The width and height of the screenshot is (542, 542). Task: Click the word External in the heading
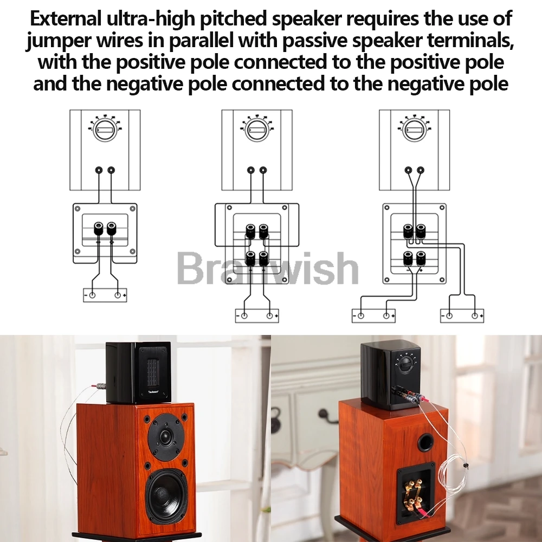tap(66, 18)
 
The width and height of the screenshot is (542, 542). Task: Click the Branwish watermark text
tap(268, 268)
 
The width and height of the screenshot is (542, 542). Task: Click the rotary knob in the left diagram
tap(105, 130)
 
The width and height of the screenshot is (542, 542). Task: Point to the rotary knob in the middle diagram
tap(257, 130)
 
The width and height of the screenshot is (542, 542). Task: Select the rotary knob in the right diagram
tap(415, 130)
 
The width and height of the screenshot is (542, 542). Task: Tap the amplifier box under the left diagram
tap(105, 295)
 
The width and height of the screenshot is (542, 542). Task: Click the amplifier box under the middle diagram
tap(257, 315)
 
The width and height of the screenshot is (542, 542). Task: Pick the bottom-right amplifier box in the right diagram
tap(462, 315)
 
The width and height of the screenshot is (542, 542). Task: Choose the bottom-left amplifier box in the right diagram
tap(373, 315)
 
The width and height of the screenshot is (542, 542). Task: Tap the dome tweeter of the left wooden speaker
tap(165, 437)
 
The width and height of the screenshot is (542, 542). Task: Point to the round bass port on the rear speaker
tap(425, 442)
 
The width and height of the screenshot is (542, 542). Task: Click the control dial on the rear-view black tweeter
tap(406, 364)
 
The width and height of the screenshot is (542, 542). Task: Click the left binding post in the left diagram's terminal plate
tap(99, 229)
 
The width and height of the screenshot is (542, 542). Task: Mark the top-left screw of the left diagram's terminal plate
tap(78, 209)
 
